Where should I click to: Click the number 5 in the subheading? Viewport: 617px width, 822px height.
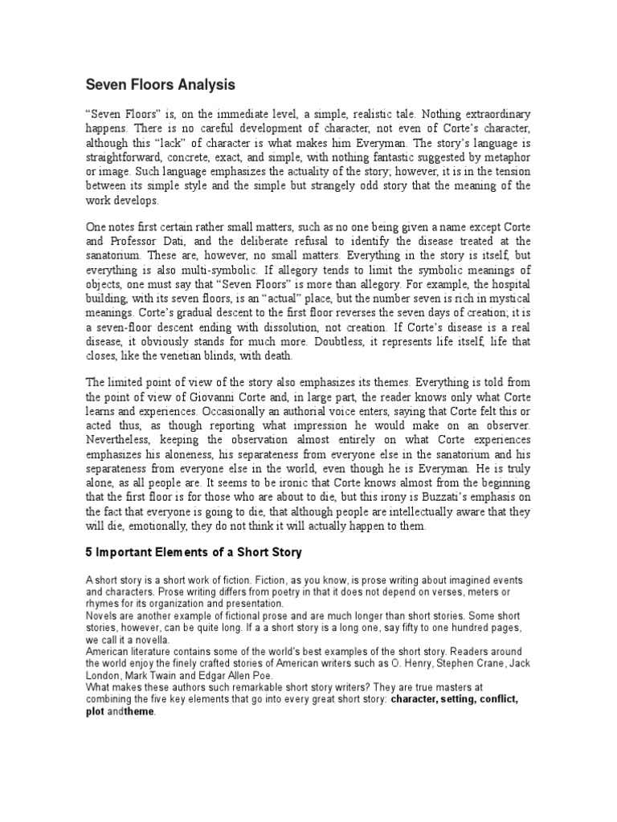point(90,555)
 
